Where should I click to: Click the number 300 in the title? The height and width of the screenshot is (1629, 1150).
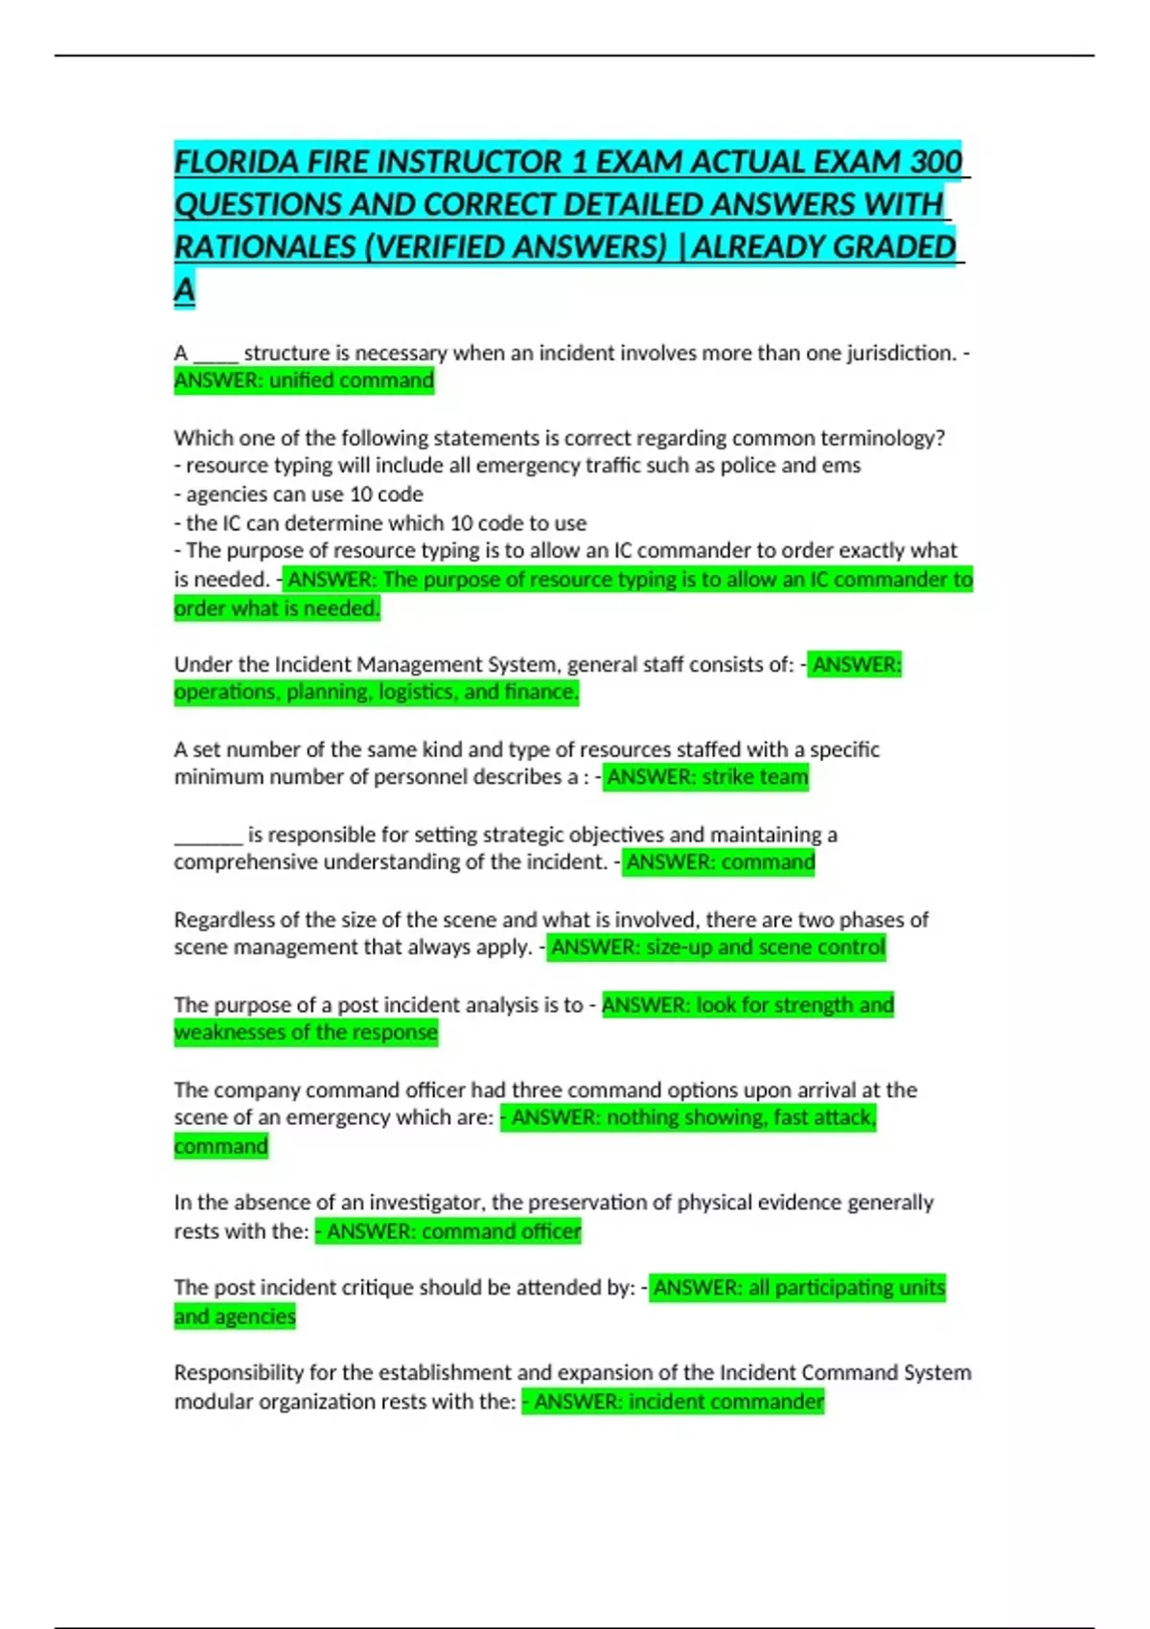[935, 162]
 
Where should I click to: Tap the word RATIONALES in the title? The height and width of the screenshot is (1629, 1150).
[264, 247]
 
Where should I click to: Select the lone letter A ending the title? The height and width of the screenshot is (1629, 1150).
[184, 289]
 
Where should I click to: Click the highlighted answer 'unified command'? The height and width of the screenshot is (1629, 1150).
[351, 380]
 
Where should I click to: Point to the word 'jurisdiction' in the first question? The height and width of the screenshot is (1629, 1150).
[900, 353]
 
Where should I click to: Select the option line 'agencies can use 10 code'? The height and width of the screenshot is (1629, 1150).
[304, 494]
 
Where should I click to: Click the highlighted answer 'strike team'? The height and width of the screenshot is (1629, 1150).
[755, 777]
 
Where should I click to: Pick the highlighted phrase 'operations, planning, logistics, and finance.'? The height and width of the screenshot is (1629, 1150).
[376, 692]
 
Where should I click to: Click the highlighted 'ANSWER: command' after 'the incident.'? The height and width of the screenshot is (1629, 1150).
[720, 862]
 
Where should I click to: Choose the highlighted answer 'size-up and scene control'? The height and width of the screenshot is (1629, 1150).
[752, 948]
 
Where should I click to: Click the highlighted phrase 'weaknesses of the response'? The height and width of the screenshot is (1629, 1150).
[306, 1032]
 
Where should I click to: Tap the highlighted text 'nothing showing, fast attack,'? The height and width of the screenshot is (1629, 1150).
[741, 1117]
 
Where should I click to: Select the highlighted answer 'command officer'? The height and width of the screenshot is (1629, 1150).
[501, 1231]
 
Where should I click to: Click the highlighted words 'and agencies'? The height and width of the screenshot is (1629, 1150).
[235, 1317]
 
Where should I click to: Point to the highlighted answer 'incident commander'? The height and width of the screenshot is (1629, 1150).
[726, 1402]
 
